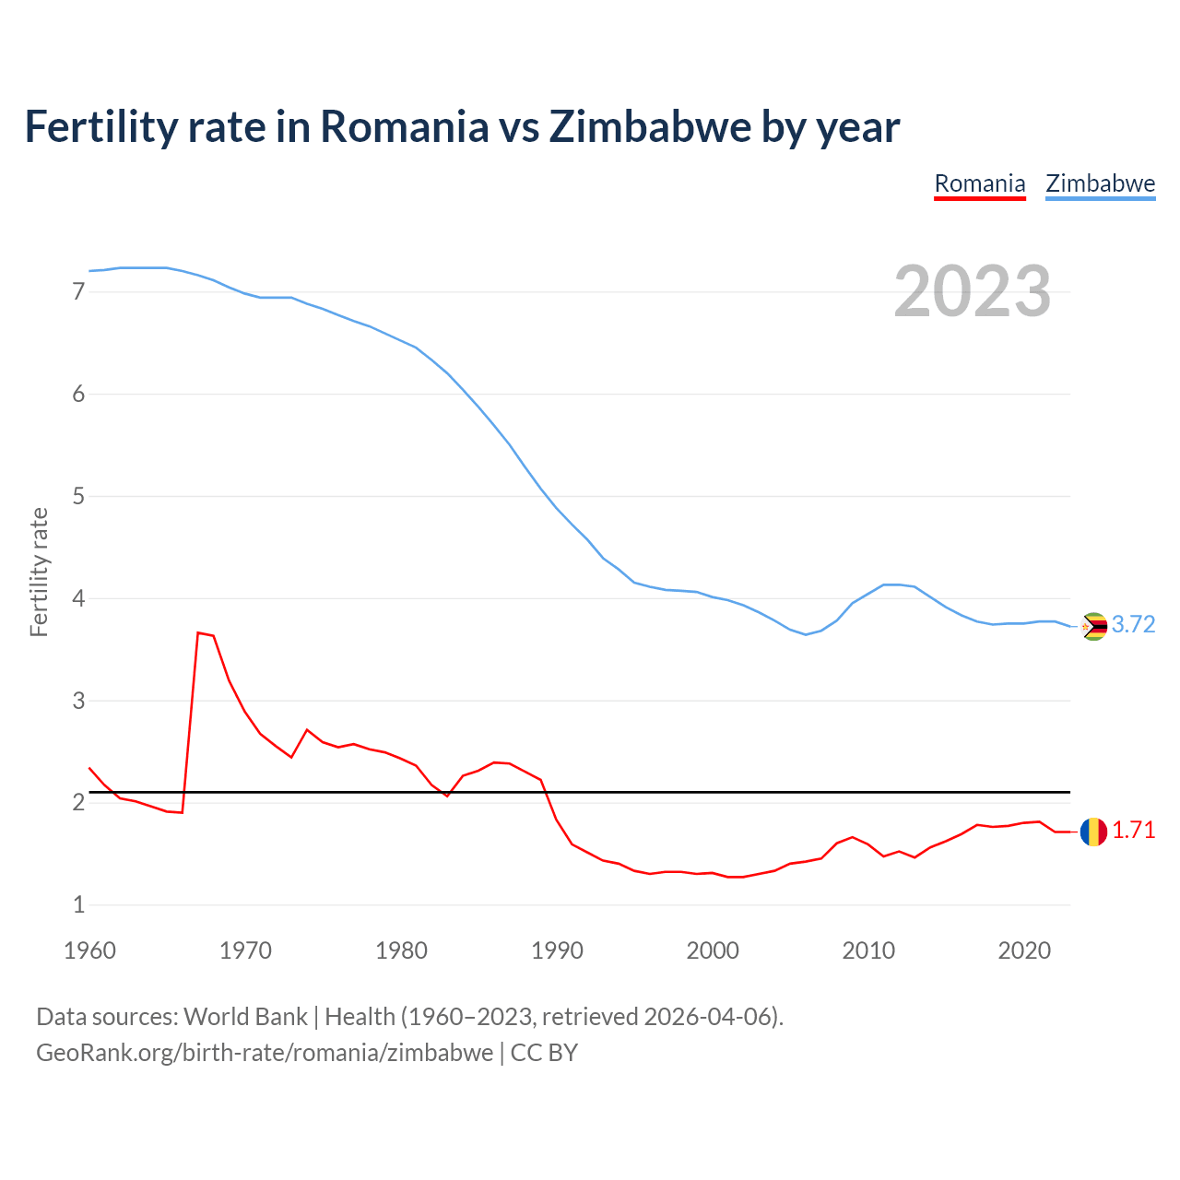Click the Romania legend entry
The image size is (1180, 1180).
979,183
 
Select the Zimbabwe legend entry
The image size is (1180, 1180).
1100,183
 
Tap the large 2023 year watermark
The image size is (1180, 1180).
972,291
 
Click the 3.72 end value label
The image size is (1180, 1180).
1133,625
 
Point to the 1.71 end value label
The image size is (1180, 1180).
1133,831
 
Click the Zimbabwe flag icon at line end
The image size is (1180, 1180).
1093,626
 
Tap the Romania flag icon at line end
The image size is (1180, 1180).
1093,832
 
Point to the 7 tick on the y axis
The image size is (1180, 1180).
78,292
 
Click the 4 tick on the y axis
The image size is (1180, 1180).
78,599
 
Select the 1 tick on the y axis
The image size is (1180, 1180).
78,905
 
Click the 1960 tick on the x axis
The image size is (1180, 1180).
89,950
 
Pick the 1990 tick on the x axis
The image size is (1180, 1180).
557,950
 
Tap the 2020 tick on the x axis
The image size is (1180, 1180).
1024,950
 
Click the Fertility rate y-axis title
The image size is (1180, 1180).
39,572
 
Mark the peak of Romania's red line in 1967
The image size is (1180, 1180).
198,632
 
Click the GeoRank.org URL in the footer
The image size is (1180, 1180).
265,1053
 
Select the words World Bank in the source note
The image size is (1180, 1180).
245,1017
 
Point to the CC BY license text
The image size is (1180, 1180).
544,1053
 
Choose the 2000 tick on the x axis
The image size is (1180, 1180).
713,950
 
